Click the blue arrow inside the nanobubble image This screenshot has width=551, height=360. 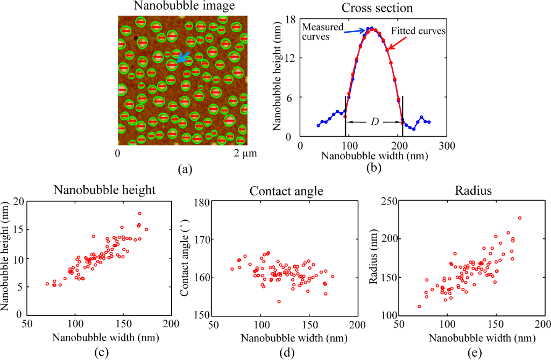[x=183, y=58]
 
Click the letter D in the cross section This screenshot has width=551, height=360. [x=375, y=122]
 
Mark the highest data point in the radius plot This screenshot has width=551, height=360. [x=520, y=218]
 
